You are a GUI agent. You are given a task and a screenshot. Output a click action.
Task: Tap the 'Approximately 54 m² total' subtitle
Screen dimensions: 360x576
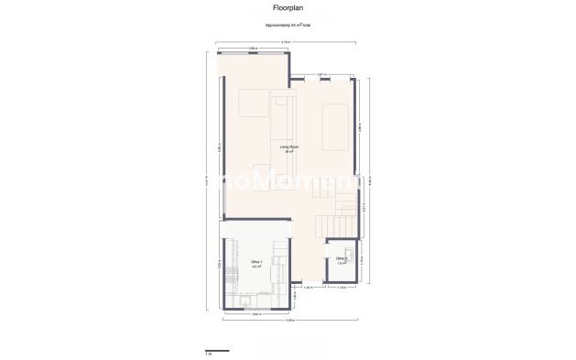288,26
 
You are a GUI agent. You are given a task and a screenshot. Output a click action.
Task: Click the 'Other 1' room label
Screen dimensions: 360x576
256,264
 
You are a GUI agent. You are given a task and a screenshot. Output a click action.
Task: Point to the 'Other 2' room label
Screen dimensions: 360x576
342,259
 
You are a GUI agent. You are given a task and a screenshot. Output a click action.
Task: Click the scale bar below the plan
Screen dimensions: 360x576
216,350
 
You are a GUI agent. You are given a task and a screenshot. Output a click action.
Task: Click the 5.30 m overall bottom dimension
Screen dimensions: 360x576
290,321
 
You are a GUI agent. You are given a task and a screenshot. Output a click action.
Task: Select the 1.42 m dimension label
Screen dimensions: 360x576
309,288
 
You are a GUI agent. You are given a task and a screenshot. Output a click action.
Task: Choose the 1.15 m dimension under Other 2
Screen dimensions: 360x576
342,288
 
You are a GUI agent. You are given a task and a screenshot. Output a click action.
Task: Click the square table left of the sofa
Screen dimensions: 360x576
253,104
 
